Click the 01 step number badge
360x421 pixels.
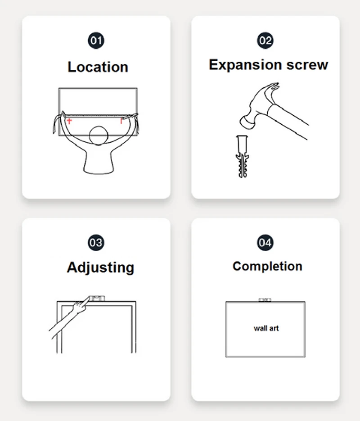coord(96,41)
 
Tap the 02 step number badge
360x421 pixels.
coord(265,41)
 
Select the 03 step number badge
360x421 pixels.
coord(96,242)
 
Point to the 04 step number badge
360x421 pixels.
coord(265,242)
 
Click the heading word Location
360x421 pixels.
coord(98,67)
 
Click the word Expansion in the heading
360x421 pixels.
coord(245,65)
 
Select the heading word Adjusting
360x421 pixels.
coord(101,268)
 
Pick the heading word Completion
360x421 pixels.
coord(267,267)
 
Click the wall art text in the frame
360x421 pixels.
coord(266,328)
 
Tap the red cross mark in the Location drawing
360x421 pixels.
coord(69,121)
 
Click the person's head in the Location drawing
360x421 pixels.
coord(99,136)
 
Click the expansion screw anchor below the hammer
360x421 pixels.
coord(242,156)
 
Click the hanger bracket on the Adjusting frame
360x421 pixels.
coord(97,298)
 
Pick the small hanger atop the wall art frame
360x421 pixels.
coord(265,300)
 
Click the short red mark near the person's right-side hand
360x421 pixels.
coord(121,121)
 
